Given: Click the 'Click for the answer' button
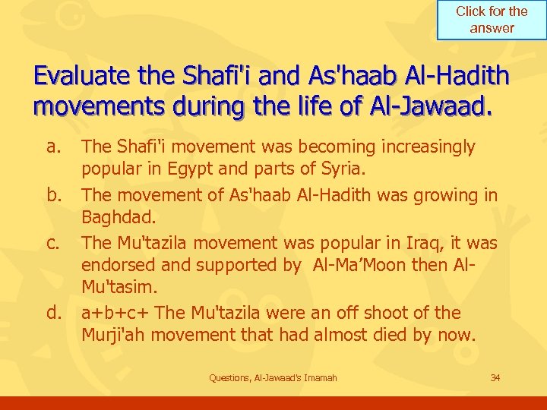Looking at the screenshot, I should [x=492, y=20].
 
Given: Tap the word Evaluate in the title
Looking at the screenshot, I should [x=84, y=77].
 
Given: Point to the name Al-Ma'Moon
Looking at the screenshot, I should [x=358, y=266].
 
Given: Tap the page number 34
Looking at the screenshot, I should [x=496, y=377].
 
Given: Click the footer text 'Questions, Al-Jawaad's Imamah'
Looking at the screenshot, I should [x=273, y=378].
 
